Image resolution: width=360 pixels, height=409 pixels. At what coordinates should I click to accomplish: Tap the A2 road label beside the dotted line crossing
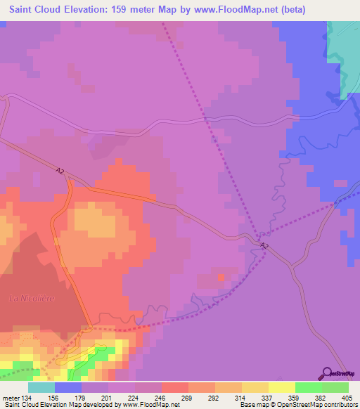pos(264,245)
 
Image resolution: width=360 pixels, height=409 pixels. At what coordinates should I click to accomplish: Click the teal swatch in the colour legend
pos(41,387)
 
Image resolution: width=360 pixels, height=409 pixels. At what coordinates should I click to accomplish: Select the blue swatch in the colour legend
pos(68,387)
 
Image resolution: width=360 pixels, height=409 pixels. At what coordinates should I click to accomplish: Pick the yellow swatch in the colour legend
pos(281,387)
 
